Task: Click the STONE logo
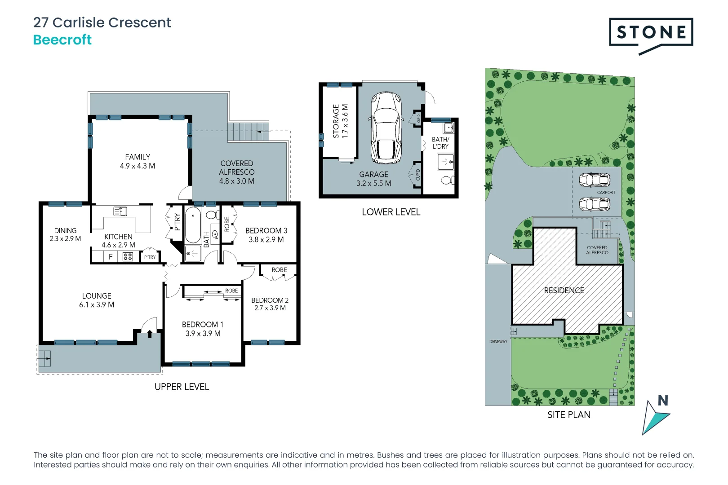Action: [651, 33]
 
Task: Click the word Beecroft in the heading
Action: [62, 40]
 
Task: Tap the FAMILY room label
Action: [138, 157]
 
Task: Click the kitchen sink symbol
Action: [120, 211]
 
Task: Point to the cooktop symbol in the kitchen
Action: [128, 257]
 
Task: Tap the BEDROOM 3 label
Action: [266, 230]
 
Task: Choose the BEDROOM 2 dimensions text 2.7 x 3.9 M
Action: [270, 308]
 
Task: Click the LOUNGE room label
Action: [97, 296]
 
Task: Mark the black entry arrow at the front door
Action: [150, 334]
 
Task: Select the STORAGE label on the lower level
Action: [336, 121]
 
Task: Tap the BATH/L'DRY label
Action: [440, 143]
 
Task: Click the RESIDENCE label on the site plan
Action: [564, 291]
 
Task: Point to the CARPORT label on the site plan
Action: [606, 193]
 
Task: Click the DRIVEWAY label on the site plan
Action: [498, 342]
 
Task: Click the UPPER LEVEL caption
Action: [182, 387]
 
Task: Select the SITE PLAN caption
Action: [569, 415]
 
